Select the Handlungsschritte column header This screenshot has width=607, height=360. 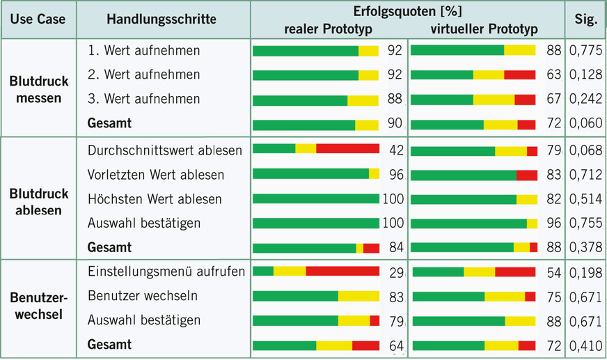point(161,19)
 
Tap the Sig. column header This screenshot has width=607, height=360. point(586,19)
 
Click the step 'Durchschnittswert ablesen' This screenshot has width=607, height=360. point(165,150)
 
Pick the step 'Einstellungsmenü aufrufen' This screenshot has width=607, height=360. point(166,271)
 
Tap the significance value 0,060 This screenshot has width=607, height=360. point(585,124)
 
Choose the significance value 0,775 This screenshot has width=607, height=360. point(585,51)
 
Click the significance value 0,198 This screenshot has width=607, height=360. point(585,271)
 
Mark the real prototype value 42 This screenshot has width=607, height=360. point(396,150)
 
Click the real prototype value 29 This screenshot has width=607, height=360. point(396,271)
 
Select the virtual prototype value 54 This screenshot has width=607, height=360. point(553,271)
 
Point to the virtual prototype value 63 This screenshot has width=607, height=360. point(553,75)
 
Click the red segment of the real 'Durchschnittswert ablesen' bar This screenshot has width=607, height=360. point(347,149)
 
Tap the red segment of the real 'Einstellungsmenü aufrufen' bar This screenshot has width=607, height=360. point(342,271)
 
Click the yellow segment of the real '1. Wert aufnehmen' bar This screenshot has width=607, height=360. point(368,51)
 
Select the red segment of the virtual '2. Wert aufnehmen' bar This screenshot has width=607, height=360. point(519,75)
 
